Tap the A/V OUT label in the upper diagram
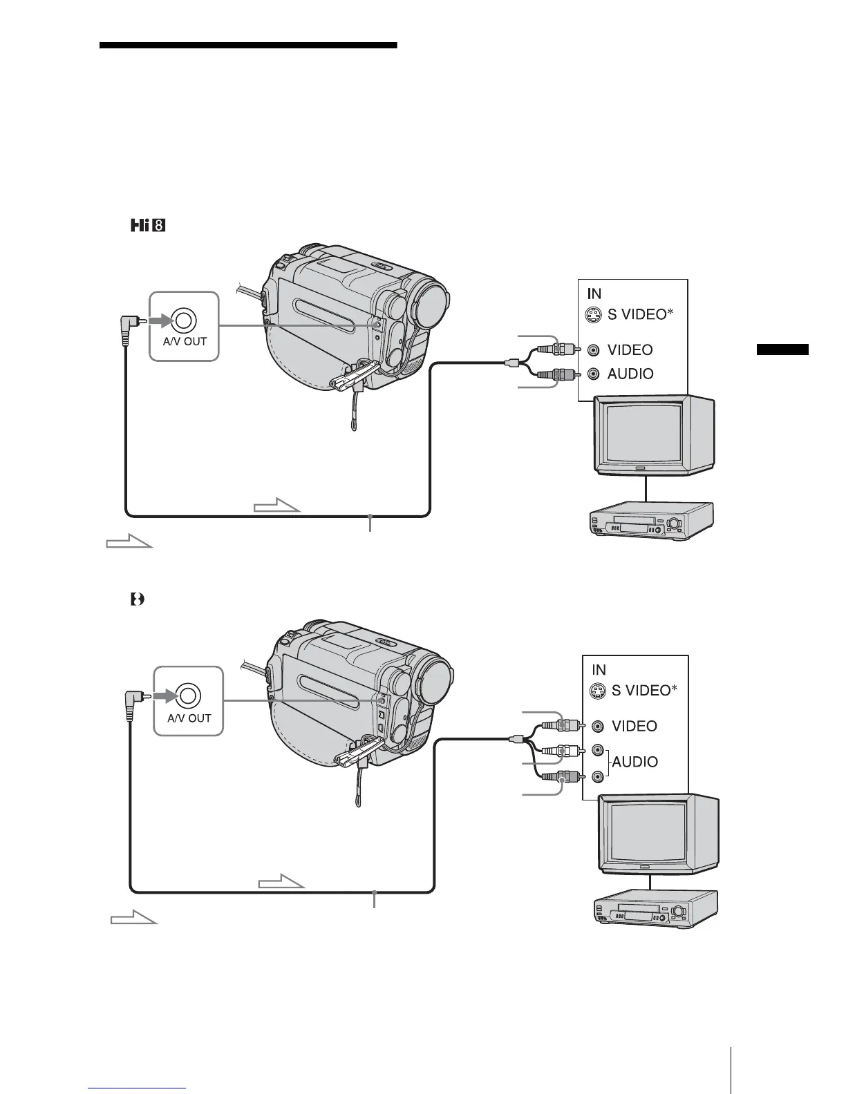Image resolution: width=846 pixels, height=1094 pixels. [x=185, y=341]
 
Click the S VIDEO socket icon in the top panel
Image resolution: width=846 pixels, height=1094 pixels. [x=592, y=316]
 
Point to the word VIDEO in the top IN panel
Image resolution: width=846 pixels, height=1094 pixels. [x=630, y=350]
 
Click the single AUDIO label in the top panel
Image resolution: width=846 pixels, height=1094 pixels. [x=630, y=374]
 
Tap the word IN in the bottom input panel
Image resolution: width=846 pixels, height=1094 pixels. [x=599, y=669]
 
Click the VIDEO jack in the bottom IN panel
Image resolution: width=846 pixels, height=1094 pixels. [x=599, y=726]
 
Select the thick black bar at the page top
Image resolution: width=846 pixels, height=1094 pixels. [x=248, y=46]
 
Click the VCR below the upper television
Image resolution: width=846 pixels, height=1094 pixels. [x=648, y=521]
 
